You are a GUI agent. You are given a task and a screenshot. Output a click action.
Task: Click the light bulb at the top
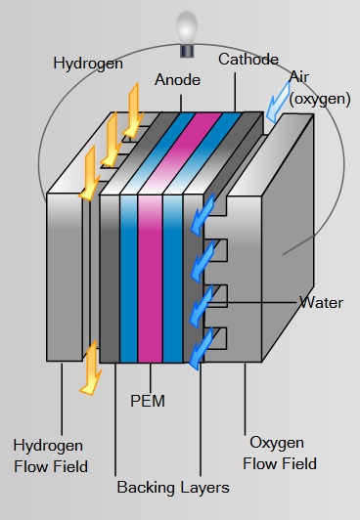point(185,27)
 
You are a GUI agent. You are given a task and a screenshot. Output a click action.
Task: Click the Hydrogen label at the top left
point(87,64)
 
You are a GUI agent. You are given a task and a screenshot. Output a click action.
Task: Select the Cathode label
point(248,60)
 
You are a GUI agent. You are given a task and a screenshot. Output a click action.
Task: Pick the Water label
point(321,302)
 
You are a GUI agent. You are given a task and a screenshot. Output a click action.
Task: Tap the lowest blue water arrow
point(201,350)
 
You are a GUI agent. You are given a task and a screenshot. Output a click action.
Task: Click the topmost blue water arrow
point(205,209)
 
